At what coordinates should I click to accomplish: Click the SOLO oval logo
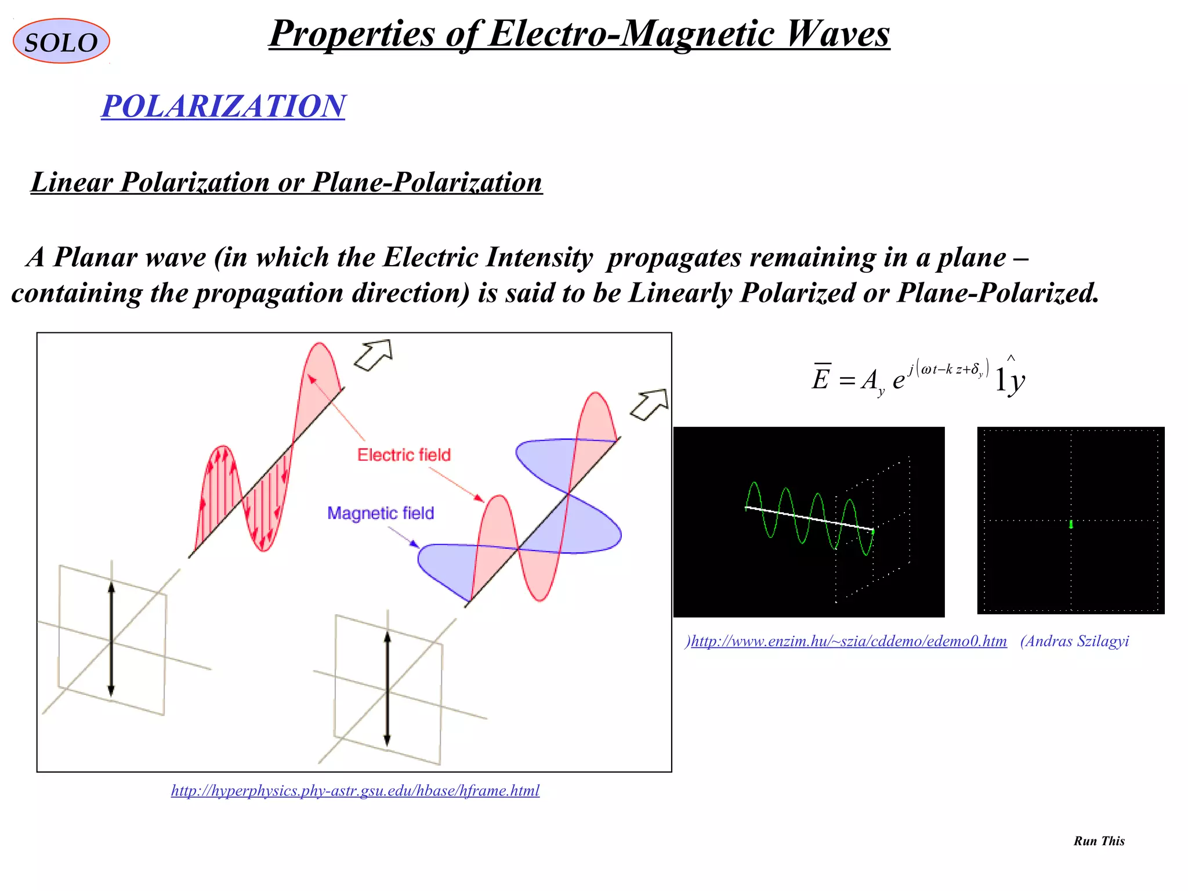pyautogui.click(x=61, y=41)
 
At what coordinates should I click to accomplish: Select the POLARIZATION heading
pyautogui.click(x=223, y=106)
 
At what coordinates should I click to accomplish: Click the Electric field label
pyautogui.click(x=404, y=455)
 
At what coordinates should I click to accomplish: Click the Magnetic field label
pyautogui.click(x=381, y=513)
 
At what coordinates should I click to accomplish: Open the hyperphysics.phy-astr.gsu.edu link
pyautogui.click(x=355, y=791)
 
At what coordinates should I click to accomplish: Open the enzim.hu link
pyautogui.click(x=849, y=641)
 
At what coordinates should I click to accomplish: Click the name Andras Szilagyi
pyautogui.click(x=1075, y=641)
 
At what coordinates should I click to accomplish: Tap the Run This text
pyautogui.click(x=1099, y=841)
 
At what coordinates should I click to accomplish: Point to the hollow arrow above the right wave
pyautogui.click(x=650, y=404)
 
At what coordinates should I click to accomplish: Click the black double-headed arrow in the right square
pyautogui.click(x=387, y=689)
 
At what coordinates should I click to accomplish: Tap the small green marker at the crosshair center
pyautogui.click(x=1071, y=524)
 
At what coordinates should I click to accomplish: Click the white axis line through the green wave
pyautogui.click(x=809, y=519)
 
